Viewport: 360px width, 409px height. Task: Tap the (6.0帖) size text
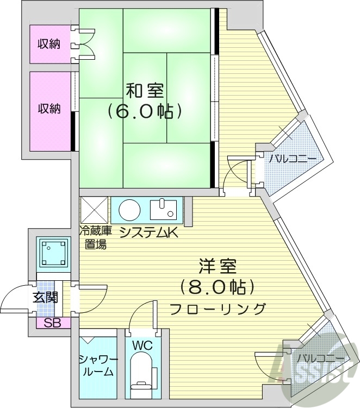[144, 112]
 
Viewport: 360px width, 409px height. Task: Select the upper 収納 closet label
[48, 44]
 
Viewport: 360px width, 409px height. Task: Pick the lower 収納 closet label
[48, 109]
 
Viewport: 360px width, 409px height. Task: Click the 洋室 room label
[217, 266]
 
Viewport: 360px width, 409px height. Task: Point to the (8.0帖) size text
[217, 287]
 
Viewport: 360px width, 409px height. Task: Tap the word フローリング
[218, 309]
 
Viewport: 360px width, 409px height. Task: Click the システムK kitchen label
[148, 232]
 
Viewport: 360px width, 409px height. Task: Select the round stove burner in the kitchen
[130, 209]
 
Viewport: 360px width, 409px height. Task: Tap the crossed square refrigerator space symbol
[94, 210]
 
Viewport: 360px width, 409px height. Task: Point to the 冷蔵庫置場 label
[95, 237]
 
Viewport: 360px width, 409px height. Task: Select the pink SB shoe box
[49, 323]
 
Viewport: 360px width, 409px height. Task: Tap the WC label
[143, 346]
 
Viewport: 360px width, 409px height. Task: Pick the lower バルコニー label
[320, 358]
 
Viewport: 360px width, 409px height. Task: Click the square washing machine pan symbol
[53, 253]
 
